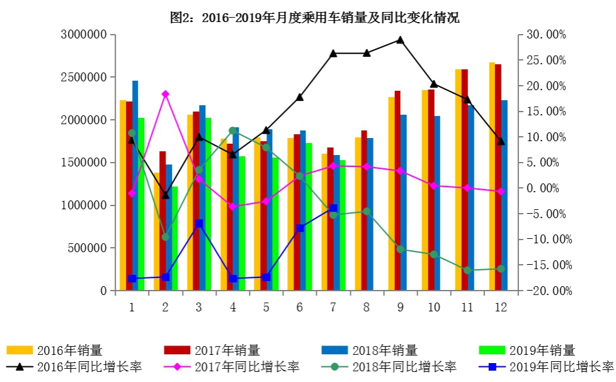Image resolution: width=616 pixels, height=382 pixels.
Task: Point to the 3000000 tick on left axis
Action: click(x=84, y=35)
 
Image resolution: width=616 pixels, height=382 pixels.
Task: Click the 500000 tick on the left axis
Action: click(x=88, y=248)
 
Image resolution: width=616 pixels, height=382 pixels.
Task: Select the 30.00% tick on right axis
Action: click(x=545, y=35)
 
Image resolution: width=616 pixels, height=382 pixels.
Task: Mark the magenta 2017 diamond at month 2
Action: click(x=165, y=94)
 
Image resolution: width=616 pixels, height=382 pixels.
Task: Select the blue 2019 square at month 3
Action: click(x=199, y=223)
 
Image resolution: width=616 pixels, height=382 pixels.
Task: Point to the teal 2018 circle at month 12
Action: click(x=501, y=269)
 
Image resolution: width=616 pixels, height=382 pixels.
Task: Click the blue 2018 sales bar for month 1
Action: click(x=135, y=186)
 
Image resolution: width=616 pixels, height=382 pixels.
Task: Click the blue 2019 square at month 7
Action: click(x=333, y=208)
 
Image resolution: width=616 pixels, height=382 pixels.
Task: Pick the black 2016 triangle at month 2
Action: click(x=165, y=195)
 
